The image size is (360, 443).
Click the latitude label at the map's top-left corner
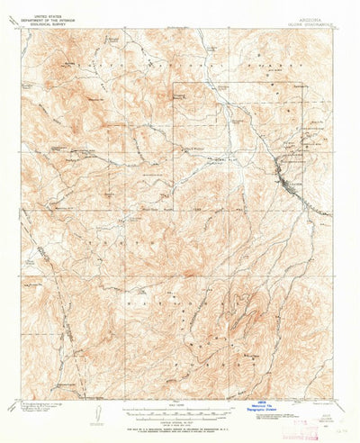point(18,27)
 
